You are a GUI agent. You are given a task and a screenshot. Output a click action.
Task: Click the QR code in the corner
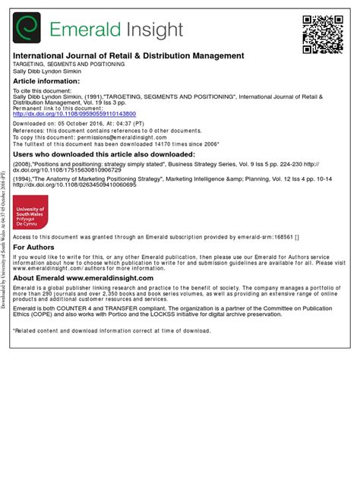coord(324,33)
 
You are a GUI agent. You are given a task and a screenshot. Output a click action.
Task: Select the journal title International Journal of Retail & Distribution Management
coord(128,56)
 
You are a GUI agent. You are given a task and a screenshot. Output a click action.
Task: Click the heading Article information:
coord(46,81)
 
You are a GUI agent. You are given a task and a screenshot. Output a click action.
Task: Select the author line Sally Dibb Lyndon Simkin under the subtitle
coord(45,72)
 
